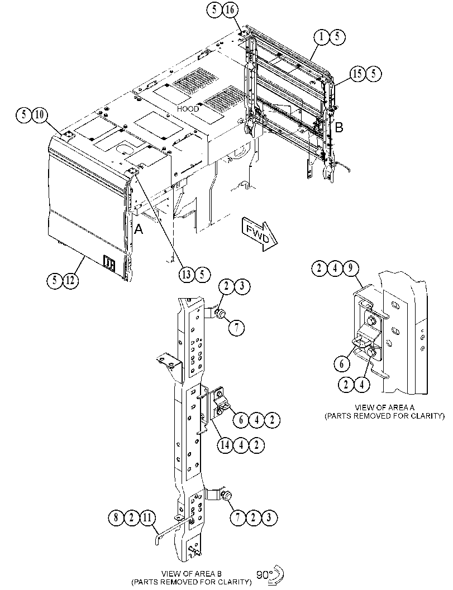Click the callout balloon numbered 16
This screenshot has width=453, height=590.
(230, 10)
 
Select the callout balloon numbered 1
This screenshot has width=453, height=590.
(322, 36)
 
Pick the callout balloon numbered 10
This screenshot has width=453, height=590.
(40, 114)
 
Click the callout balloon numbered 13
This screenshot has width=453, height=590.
(187, 274)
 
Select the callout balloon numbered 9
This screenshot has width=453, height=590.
(350, 268)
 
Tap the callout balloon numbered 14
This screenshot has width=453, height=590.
(225, 445)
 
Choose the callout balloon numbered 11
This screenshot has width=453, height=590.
(147, 518)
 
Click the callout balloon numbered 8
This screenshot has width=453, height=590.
(116, 518)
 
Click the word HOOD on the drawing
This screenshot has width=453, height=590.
(188, 109)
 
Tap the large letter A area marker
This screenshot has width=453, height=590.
(139, 228)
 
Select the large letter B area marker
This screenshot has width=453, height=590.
(339, 128)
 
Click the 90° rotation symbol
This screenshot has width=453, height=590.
(270, 574)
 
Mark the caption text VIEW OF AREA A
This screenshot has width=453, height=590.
(382, 407)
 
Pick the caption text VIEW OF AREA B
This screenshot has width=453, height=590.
(192, 574)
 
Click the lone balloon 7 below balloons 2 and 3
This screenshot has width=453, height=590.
(236, 328)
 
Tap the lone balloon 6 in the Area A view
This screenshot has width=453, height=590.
(342, 364)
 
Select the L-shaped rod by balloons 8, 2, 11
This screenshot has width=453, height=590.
(171, 527)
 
